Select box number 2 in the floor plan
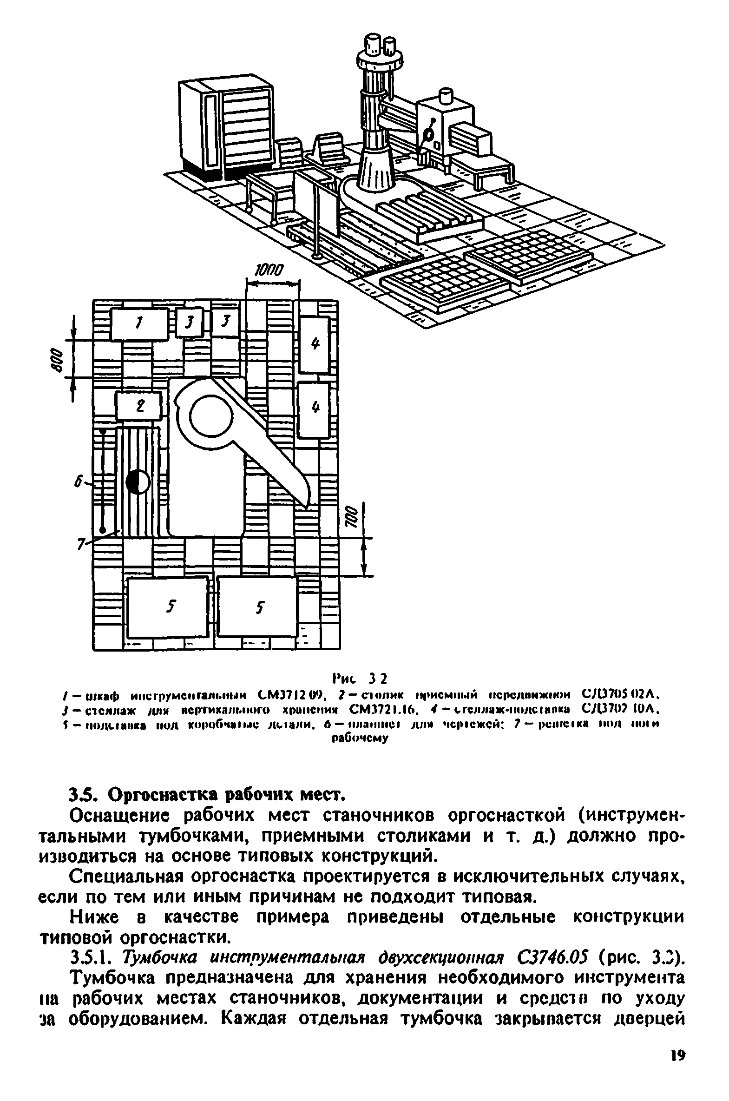click(138, 406)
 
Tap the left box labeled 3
click(189, 322)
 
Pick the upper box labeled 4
click(314, 344)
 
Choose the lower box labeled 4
click(314, 409)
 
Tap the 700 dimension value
click(352, 516)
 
